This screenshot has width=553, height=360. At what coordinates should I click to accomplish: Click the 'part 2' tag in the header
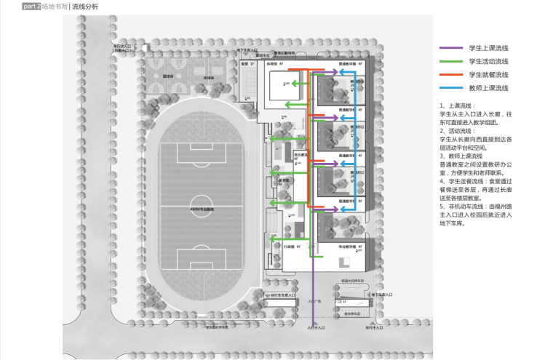click(x=31, y=6)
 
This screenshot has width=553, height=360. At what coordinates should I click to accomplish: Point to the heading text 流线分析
click(x=85, y=6)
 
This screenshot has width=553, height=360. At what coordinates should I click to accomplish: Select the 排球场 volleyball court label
click(x=208, y=75)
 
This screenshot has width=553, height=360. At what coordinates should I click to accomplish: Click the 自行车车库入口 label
click(x=283, y=295)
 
